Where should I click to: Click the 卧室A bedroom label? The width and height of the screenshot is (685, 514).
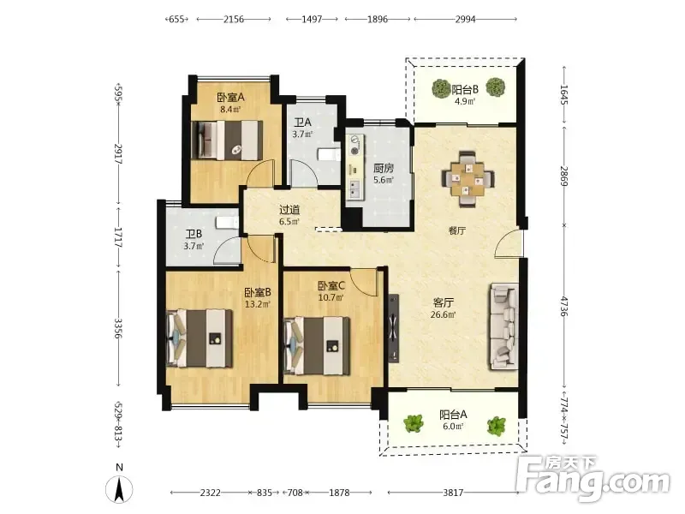[230, 97]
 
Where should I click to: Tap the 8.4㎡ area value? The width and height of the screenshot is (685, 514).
[230, 110]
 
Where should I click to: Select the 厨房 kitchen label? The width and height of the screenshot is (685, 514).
[383, 168]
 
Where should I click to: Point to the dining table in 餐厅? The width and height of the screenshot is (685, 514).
[468, 178]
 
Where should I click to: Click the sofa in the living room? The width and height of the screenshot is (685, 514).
[505, 326]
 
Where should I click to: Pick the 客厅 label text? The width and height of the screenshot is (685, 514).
[443, 302]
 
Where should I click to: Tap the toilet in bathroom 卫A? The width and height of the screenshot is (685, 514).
[329, 155]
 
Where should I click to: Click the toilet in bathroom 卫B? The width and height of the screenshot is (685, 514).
[227, 223]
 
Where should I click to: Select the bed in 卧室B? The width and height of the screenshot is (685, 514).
[200, 338]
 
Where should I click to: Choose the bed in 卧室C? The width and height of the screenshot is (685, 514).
[317, 346]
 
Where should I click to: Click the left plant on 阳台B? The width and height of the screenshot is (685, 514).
[441, 88]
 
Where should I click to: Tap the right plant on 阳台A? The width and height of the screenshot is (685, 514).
[497, 425]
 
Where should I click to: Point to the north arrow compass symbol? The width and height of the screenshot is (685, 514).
[119, 488]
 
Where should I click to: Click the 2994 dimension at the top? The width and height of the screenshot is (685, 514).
[465, 19]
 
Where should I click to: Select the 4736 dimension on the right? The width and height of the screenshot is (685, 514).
[564, 307]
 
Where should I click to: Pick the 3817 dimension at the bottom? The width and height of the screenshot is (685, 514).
[453, 493]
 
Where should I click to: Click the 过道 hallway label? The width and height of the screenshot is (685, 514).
[289, 210]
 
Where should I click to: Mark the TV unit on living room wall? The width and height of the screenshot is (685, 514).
[394, 328]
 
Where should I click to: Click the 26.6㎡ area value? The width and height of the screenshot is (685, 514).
[443, 314]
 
